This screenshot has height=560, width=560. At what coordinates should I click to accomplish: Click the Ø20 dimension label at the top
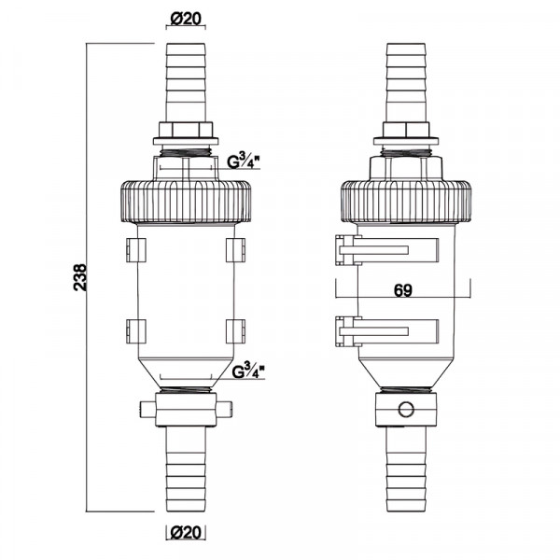186,19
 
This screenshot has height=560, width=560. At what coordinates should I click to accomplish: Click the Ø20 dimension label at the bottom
186,533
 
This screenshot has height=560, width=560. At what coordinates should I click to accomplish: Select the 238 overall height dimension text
80,277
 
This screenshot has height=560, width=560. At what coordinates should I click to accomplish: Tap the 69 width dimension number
403,290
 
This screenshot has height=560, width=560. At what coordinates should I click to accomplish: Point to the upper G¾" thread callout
244,161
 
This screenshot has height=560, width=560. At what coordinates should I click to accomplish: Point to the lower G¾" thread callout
248,371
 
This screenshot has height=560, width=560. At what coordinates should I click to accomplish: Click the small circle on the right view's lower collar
406,409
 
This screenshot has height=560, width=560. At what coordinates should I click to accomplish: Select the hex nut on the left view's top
186,130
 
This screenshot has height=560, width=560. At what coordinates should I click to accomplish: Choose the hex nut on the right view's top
406,130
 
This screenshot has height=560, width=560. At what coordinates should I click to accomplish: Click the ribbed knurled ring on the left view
186,203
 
